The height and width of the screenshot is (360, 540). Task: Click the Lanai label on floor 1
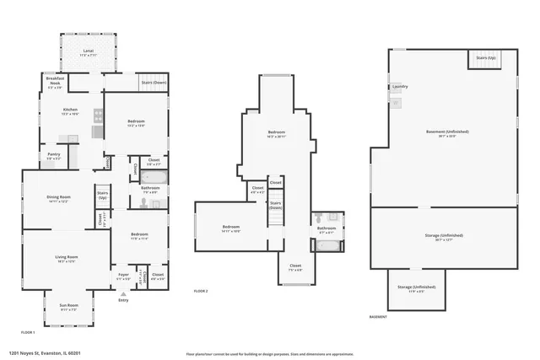click(89, 52)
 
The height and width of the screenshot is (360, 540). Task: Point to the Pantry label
click(53, 156)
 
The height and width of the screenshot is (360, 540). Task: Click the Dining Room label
click(58, 199)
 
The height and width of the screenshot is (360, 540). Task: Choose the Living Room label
click(66, 259)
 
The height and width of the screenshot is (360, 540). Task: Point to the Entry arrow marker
click(123, 293)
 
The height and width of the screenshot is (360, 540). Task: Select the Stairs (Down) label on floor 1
click(154, 83)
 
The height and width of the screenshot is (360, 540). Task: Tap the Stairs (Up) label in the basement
click(487, 58)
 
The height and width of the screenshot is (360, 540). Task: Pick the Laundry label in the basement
click(400, 87)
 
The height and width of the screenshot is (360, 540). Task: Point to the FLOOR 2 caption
click(201, 291)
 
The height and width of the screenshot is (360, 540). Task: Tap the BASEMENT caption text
click(378, 317)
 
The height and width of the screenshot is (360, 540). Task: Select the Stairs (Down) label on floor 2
click(275, 205)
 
